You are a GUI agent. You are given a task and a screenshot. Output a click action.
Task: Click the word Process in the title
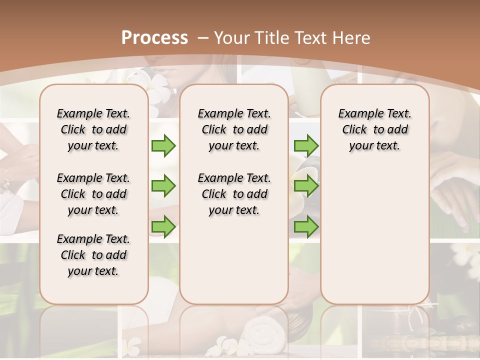pyautogui.click(x=154, y=38)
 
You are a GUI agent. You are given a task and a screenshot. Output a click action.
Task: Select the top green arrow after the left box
pyautogui.click(x=163, y=145)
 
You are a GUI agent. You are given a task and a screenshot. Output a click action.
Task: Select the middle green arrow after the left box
pyautogui.click(x=163, y=186)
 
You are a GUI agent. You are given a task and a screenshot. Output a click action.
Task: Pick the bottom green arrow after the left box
pyautogui.click(x=163, y=227)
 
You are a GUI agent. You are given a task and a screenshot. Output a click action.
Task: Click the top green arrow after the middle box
pyautogui.click(x=306, y=145)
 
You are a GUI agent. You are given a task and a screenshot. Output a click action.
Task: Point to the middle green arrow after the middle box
pyautogui.click(x=306, y=186)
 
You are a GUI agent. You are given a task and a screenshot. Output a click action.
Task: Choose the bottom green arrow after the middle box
pyautogui.click(x=306, y=227)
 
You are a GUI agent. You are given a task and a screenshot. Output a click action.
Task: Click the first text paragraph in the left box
pyautogui.click(x=93, y=129)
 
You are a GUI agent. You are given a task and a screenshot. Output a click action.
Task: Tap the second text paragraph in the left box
pyautogui.click(x=93, y=194)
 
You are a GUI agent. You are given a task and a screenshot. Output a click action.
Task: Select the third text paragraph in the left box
pyautogui.click(x=93, y=255)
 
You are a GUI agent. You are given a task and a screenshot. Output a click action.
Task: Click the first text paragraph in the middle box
pyautogui.click(x=234, y=129)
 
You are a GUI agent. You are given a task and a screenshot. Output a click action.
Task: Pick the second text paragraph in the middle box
pyautogui.click(x=234, y=194)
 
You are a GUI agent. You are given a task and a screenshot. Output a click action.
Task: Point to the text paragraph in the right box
pyautogui.click(x=374, y=129)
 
